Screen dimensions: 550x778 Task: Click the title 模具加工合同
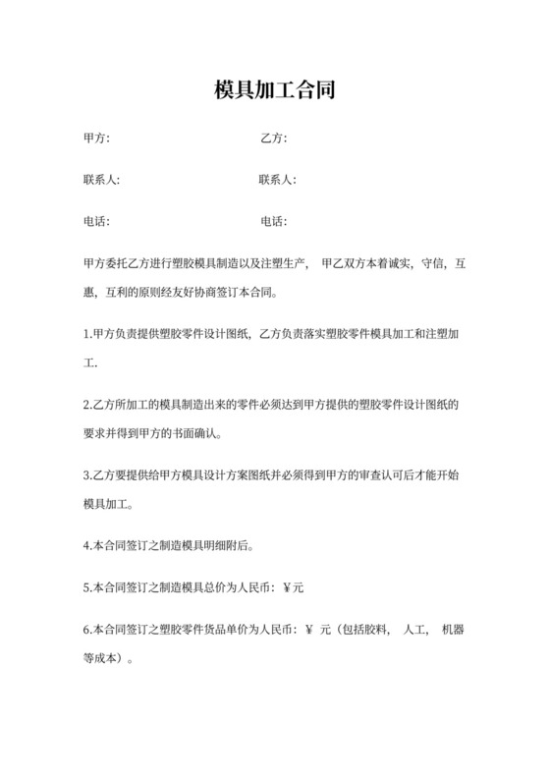(x=275, y=91)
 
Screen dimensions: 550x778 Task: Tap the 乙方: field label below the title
(x=273, y=138)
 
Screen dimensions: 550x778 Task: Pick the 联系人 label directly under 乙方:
(x=277, y=180)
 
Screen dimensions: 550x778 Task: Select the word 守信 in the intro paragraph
(x=432, y=264)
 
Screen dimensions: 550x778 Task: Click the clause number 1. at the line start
(x=88, y=335)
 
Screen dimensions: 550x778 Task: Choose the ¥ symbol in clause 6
(x=309, y=630)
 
